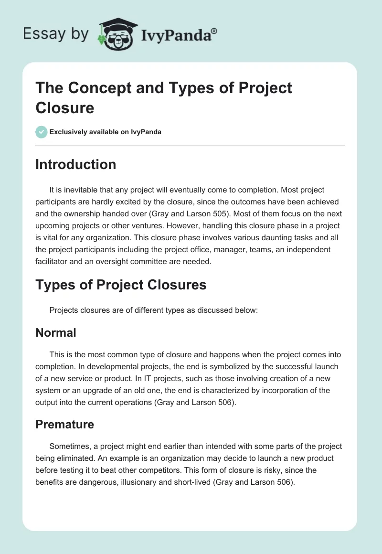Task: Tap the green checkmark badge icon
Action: pyautogui.click(x=42, y=132)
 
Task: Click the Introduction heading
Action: pyautogui.click(x=76, y=164)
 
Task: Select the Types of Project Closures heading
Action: pyautogui.click(x=121, y=285)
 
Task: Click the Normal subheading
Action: pyautogui.click(x=56, y=332)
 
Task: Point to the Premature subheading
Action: pyautogui.click(x=64, y=424)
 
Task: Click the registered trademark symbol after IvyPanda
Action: pyautogui.click(x=214, y=31)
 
